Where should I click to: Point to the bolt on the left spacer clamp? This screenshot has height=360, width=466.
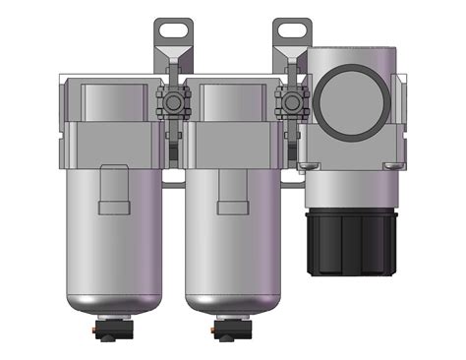[x=166, y=99]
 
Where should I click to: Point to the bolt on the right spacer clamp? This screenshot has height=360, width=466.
[x=289, y=99]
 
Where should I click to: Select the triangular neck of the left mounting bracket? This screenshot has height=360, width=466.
[x=168, y=53]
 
